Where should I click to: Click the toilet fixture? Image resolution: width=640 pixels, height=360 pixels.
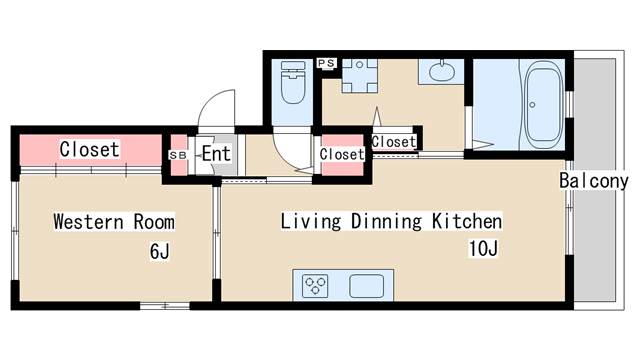293,82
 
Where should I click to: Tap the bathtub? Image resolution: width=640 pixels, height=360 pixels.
544,104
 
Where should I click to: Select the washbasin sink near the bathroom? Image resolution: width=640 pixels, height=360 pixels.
442,72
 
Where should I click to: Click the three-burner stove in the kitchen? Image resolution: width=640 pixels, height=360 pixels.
315,286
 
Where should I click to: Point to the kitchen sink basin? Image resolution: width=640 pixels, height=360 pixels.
366,286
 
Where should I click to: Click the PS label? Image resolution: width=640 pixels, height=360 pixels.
327,63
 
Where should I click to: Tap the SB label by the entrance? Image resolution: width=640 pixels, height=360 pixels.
178,156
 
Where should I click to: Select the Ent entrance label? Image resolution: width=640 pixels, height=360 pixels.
216,154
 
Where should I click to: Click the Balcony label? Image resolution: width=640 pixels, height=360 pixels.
593,181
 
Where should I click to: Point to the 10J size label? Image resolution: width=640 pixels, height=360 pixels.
483,248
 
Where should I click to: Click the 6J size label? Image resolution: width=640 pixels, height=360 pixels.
159,251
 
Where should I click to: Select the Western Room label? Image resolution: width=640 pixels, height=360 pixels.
114,222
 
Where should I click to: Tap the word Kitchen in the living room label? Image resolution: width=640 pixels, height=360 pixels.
467,221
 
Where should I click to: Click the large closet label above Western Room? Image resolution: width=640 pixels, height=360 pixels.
89,149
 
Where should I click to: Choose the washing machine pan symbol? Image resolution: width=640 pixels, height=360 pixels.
359,76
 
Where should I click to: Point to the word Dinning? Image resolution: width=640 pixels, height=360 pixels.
387,221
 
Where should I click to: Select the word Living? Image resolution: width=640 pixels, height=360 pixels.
311,221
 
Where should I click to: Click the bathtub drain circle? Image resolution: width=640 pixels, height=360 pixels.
532,105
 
